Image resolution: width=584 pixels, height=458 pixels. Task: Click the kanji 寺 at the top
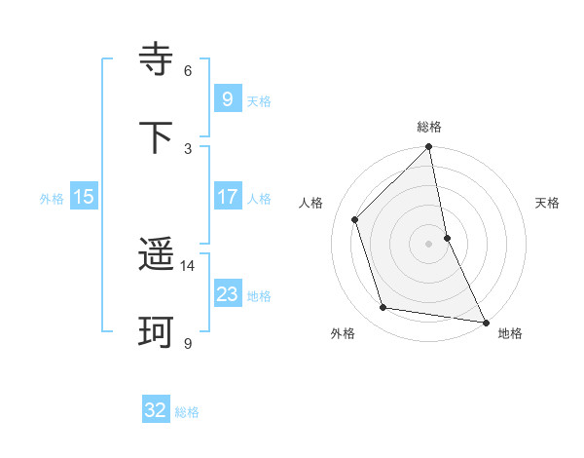point(157,59)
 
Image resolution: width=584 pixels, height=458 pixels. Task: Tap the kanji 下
point(157,137)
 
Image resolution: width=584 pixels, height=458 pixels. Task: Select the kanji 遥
point(157,255)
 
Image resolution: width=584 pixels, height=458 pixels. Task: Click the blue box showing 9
point(227,98)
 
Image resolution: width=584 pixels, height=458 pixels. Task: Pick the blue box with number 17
point(227,197)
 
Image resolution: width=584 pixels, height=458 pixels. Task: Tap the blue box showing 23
point(227,294)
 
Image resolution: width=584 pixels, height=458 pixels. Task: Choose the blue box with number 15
point(84,197)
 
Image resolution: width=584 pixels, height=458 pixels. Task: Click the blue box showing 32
point(156,410)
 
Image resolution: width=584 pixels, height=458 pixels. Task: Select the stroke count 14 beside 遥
point(188,265)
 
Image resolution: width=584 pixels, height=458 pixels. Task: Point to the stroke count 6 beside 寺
point(188,70)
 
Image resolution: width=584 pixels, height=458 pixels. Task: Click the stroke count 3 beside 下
point(188,148)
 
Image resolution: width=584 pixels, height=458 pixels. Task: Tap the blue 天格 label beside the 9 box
point(259,100)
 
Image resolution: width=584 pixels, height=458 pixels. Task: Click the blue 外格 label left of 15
point(52,198)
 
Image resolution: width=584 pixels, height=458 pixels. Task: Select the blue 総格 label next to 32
point(187,412)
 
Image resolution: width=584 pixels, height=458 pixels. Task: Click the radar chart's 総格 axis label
point(429,127)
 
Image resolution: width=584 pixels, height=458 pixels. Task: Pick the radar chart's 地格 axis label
point(510,333)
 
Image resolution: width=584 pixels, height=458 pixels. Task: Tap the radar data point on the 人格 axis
point(355,219)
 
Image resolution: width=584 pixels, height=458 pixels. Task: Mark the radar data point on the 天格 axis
point(447,238)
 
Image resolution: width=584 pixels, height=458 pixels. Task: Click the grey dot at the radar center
point(429,244)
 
